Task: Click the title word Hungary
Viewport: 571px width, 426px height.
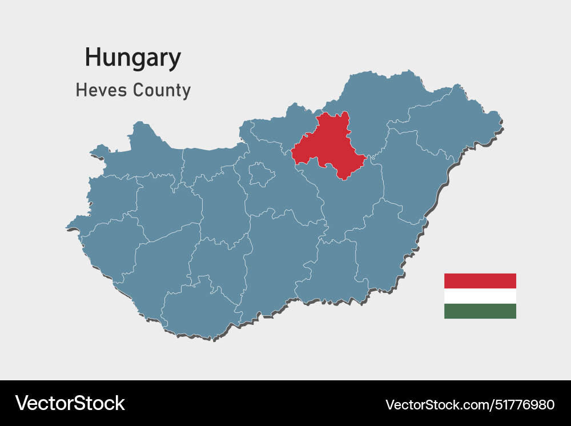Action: coord(132,58)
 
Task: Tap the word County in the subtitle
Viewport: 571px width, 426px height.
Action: coord(162,91)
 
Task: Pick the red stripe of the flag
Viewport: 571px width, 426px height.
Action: coord(480,280)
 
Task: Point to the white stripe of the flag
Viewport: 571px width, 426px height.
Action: coord(480,296)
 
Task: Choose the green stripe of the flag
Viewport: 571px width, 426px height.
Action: coord(480,311)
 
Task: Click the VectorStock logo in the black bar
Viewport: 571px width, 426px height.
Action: coord(70,403)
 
